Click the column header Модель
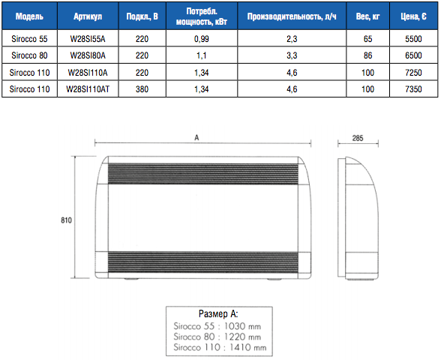29,16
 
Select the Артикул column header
88,16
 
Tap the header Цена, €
413,16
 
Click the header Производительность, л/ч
292,16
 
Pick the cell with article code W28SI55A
88,39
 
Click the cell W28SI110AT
88,89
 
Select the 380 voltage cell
142,89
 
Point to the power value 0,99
201,39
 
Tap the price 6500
413,55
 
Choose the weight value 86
367,55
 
